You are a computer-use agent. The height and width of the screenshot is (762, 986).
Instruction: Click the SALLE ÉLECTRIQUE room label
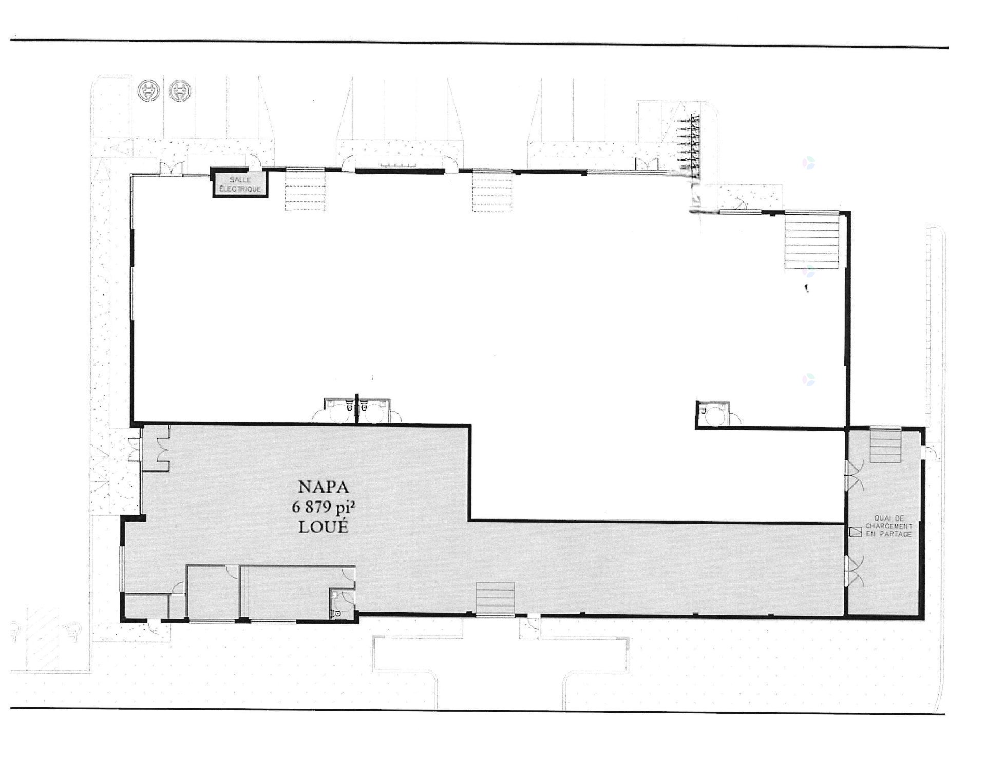point(240,184)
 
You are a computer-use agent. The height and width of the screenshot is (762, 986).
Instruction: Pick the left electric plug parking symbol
point(148,91)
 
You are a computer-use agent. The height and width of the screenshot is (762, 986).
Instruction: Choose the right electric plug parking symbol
point(180,91)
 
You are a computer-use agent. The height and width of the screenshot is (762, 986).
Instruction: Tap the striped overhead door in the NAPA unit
point(495,598)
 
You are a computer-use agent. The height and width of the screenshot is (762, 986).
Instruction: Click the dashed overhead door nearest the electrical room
point(305,190)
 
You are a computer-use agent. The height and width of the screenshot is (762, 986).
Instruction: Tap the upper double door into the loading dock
point(855,475)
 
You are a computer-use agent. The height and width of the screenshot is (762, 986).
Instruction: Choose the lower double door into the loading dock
point(855,571)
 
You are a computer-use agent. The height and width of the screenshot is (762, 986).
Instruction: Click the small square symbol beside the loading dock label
point(856,532)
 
